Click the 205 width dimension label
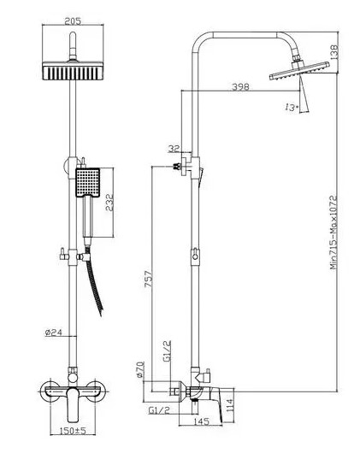coord(73,21)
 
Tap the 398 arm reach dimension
coord(240,86)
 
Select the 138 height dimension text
coord(334,52)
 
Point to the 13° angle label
coord(292,107)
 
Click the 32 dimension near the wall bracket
coord(174,149)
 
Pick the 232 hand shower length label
coord(109,203)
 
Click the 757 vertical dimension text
coord(149,279)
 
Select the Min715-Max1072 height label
coord(334,232)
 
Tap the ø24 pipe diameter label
coord(54,332)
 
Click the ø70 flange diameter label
coord(140,369)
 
